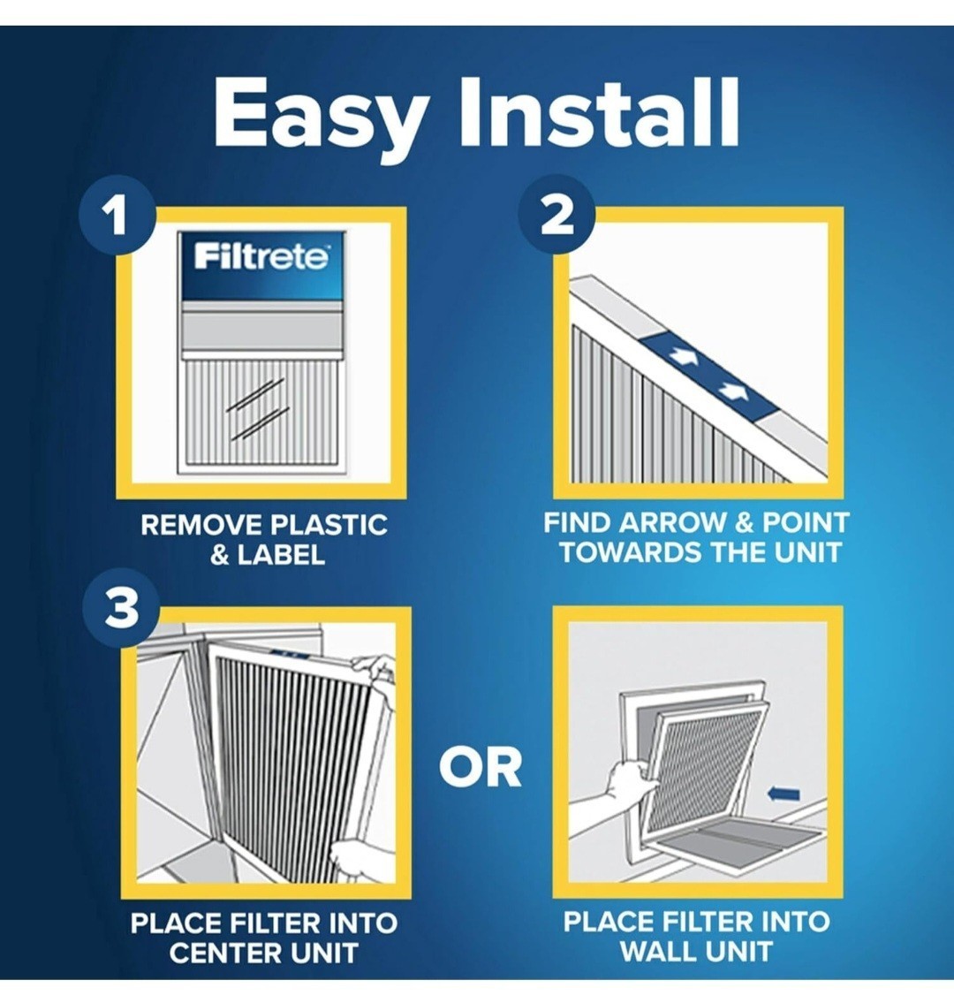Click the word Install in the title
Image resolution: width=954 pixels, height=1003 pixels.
[x=599, y=112]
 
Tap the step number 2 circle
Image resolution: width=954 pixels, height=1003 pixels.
[x=556, y=215]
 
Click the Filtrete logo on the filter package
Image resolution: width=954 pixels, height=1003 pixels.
[x=262, y=256]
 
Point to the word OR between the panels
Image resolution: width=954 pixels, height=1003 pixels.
[x=481, y=768]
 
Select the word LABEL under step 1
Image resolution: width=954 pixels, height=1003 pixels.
[x=280, y=555]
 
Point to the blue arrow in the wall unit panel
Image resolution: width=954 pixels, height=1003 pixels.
[x=783, y=794]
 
